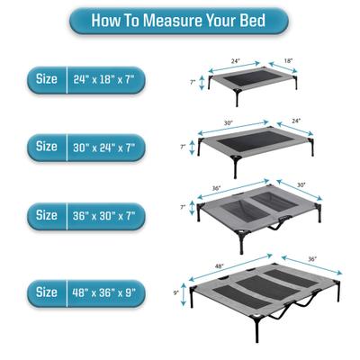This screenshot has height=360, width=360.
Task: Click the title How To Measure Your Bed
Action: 179,19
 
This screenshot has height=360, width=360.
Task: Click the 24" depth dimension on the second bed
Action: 296,121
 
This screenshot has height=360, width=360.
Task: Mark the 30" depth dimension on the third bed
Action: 301,184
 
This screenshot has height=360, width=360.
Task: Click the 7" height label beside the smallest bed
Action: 192,81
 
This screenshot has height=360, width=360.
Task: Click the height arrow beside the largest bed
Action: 185,292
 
